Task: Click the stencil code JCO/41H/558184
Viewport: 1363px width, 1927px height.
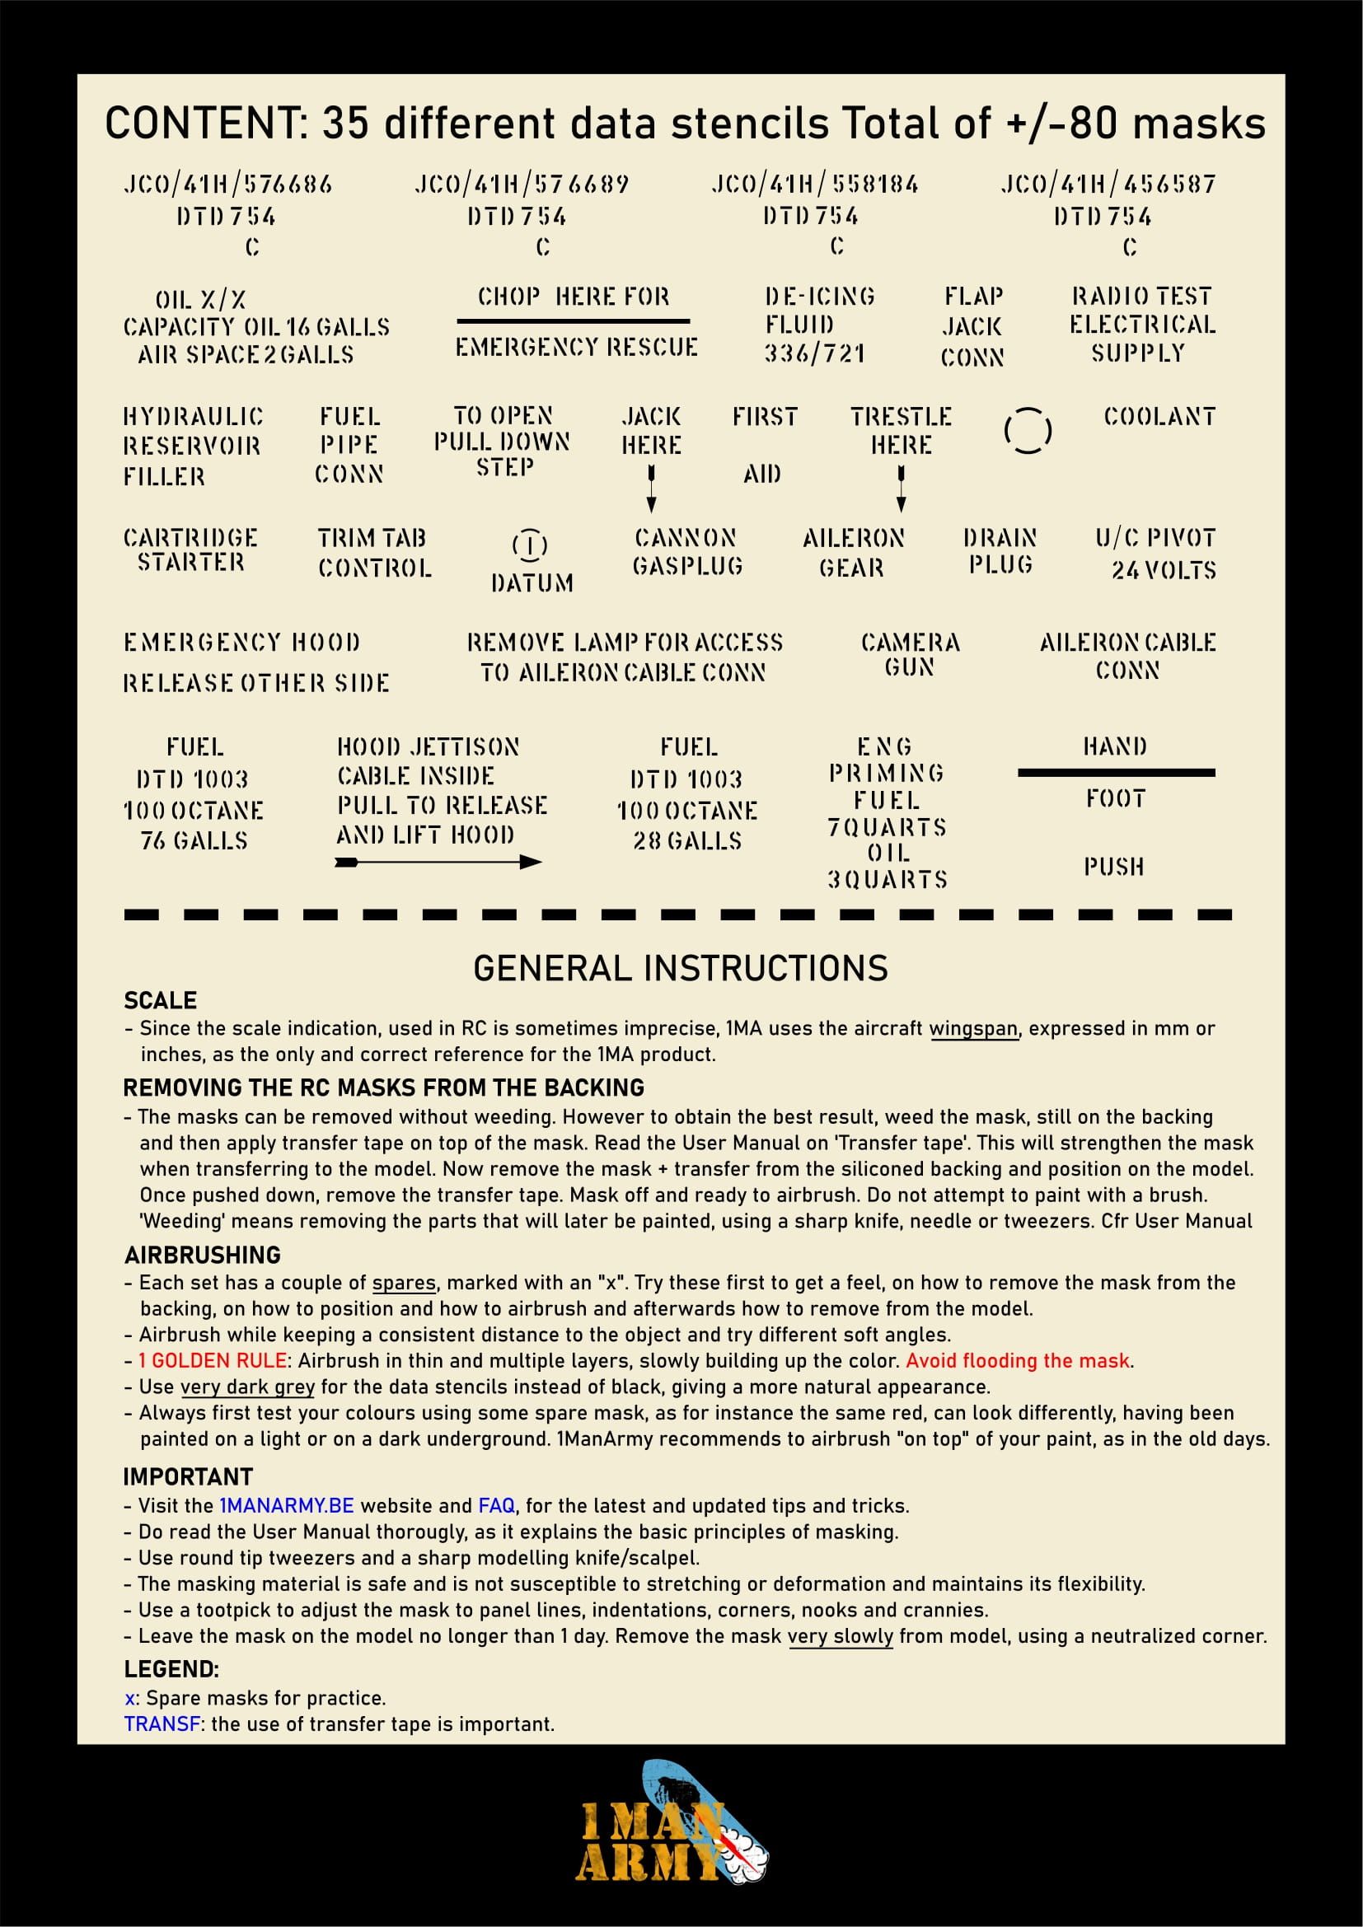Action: tap(814, 184)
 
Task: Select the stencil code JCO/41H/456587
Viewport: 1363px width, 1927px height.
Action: tap(1108, 184)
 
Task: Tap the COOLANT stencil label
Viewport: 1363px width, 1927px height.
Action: tap(1159, 416)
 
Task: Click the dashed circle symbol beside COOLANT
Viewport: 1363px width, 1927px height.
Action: tap(1028, 431)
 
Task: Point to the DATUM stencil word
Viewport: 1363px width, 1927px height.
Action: tap(532, 582)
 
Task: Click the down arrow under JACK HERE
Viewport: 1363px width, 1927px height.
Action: tap(651, 489)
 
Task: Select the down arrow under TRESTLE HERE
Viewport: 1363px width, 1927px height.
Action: tap(902, 489)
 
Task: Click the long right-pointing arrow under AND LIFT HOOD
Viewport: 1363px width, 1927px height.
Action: tap(438, 862)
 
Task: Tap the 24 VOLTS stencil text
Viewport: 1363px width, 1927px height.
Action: tap(1164, 571)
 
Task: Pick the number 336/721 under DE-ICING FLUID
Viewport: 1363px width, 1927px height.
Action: tap(814, 353)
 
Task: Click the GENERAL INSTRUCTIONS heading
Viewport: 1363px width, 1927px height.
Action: tap(681, 969)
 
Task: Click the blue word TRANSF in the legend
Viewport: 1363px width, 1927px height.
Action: tap(163, 1724)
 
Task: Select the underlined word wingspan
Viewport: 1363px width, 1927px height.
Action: tap(973, 1029)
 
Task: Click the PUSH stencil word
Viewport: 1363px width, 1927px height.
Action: tap(1114, 866)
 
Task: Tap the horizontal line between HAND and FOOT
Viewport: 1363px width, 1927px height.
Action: tap(1116, 772)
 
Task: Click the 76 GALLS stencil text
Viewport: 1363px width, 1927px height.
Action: tap(194, 840)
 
